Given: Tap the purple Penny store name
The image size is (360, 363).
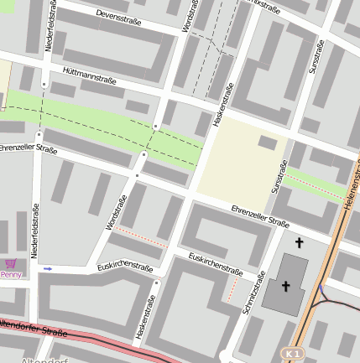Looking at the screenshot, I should coord(11,274).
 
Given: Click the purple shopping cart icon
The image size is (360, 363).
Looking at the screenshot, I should coord(11,263).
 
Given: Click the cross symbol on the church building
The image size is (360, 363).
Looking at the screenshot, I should coord(285,286).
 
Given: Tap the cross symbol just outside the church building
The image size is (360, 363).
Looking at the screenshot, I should coord(299,243).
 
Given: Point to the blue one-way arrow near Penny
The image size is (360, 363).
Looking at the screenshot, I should coord(48,269).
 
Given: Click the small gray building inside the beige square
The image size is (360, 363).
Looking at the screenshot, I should coord(268,143).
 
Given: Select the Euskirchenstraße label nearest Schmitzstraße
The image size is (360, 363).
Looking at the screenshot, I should coord(216,264).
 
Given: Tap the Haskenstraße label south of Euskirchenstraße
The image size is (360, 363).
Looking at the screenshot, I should coord(146,317).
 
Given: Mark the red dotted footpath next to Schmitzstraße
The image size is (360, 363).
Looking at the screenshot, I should coord(232,290).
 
